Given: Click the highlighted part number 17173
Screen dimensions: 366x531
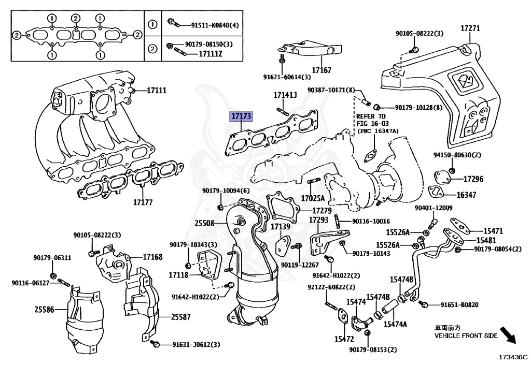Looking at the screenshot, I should coord(242,117).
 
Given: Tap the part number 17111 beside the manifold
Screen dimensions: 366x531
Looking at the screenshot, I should coord(156,91).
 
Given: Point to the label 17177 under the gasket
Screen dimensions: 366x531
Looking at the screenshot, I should coord(142,202).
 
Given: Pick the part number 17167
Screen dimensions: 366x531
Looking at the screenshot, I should coord(322,69).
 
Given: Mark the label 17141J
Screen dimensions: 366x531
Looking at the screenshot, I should coord(285,96).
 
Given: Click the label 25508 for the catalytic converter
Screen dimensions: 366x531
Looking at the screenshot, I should coord(204,224).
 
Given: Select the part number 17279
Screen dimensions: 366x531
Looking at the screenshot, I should coord(321,211).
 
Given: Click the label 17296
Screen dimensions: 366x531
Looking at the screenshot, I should coord(472,180).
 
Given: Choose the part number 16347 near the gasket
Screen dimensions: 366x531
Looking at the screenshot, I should coord(468,195).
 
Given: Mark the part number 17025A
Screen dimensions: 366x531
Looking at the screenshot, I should coord(313,198).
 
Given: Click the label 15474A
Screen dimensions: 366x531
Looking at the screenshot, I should coord(395,324).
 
